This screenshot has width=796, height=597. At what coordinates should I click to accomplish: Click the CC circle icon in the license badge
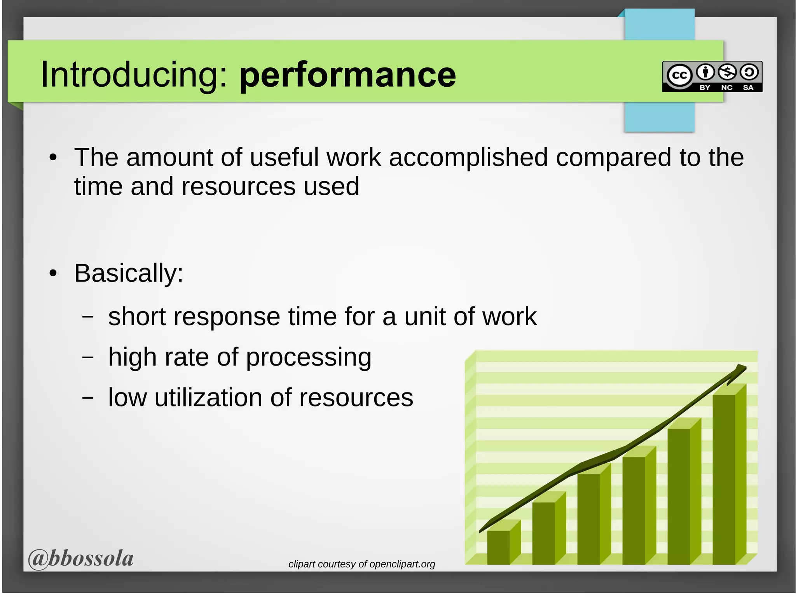[679, 75]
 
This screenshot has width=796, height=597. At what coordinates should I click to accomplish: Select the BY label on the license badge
[705, 88]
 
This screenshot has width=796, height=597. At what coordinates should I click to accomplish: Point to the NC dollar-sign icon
[727, 72]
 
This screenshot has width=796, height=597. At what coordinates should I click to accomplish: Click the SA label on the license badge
[748, 88]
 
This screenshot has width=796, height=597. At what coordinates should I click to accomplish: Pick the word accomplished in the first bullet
[468, 158]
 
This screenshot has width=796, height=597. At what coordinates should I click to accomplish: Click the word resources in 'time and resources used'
[238, 186]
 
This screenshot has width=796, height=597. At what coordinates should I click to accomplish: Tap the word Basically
[128, 273]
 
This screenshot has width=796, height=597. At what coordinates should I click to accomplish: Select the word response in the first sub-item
[226, 316]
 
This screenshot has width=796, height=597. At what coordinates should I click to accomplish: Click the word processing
[309, 357]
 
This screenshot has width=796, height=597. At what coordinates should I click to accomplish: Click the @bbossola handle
[81, 558]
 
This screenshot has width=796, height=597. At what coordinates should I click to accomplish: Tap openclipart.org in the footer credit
[402, 564]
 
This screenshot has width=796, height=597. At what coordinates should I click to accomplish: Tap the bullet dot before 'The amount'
[53, 158]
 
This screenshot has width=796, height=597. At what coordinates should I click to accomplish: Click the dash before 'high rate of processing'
[88, 357]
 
